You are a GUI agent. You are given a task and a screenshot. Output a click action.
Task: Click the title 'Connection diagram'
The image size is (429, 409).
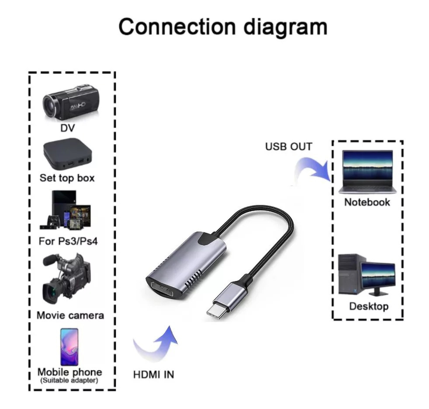click(223, 27)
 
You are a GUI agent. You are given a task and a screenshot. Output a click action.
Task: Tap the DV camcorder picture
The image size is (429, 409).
click(70, 103)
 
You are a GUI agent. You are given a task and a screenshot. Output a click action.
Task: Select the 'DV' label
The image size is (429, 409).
click(68, 128)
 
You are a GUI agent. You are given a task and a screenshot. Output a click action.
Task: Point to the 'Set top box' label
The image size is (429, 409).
click(67, 178)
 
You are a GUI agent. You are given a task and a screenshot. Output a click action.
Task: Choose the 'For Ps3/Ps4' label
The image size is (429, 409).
click(66, 241)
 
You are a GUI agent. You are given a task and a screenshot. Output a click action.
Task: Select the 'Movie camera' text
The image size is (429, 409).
click(70, 315)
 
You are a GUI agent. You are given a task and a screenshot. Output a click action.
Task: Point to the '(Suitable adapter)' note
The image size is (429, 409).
click(69, 381)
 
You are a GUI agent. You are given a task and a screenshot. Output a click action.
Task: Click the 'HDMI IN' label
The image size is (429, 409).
click(153, 374)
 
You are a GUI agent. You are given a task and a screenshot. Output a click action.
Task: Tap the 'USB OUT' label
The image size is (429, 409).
click(289, 146)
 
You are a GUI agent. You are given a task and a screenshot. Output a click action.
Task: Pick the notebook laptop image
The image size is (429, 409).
click(367, 172)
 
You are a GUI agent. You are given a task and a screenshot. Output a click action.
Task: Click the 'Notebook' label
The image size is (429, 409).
click(367, 202)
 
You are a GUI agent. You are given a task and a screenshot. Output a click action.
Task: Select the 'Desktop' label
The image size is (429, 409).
click(369, 306)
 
